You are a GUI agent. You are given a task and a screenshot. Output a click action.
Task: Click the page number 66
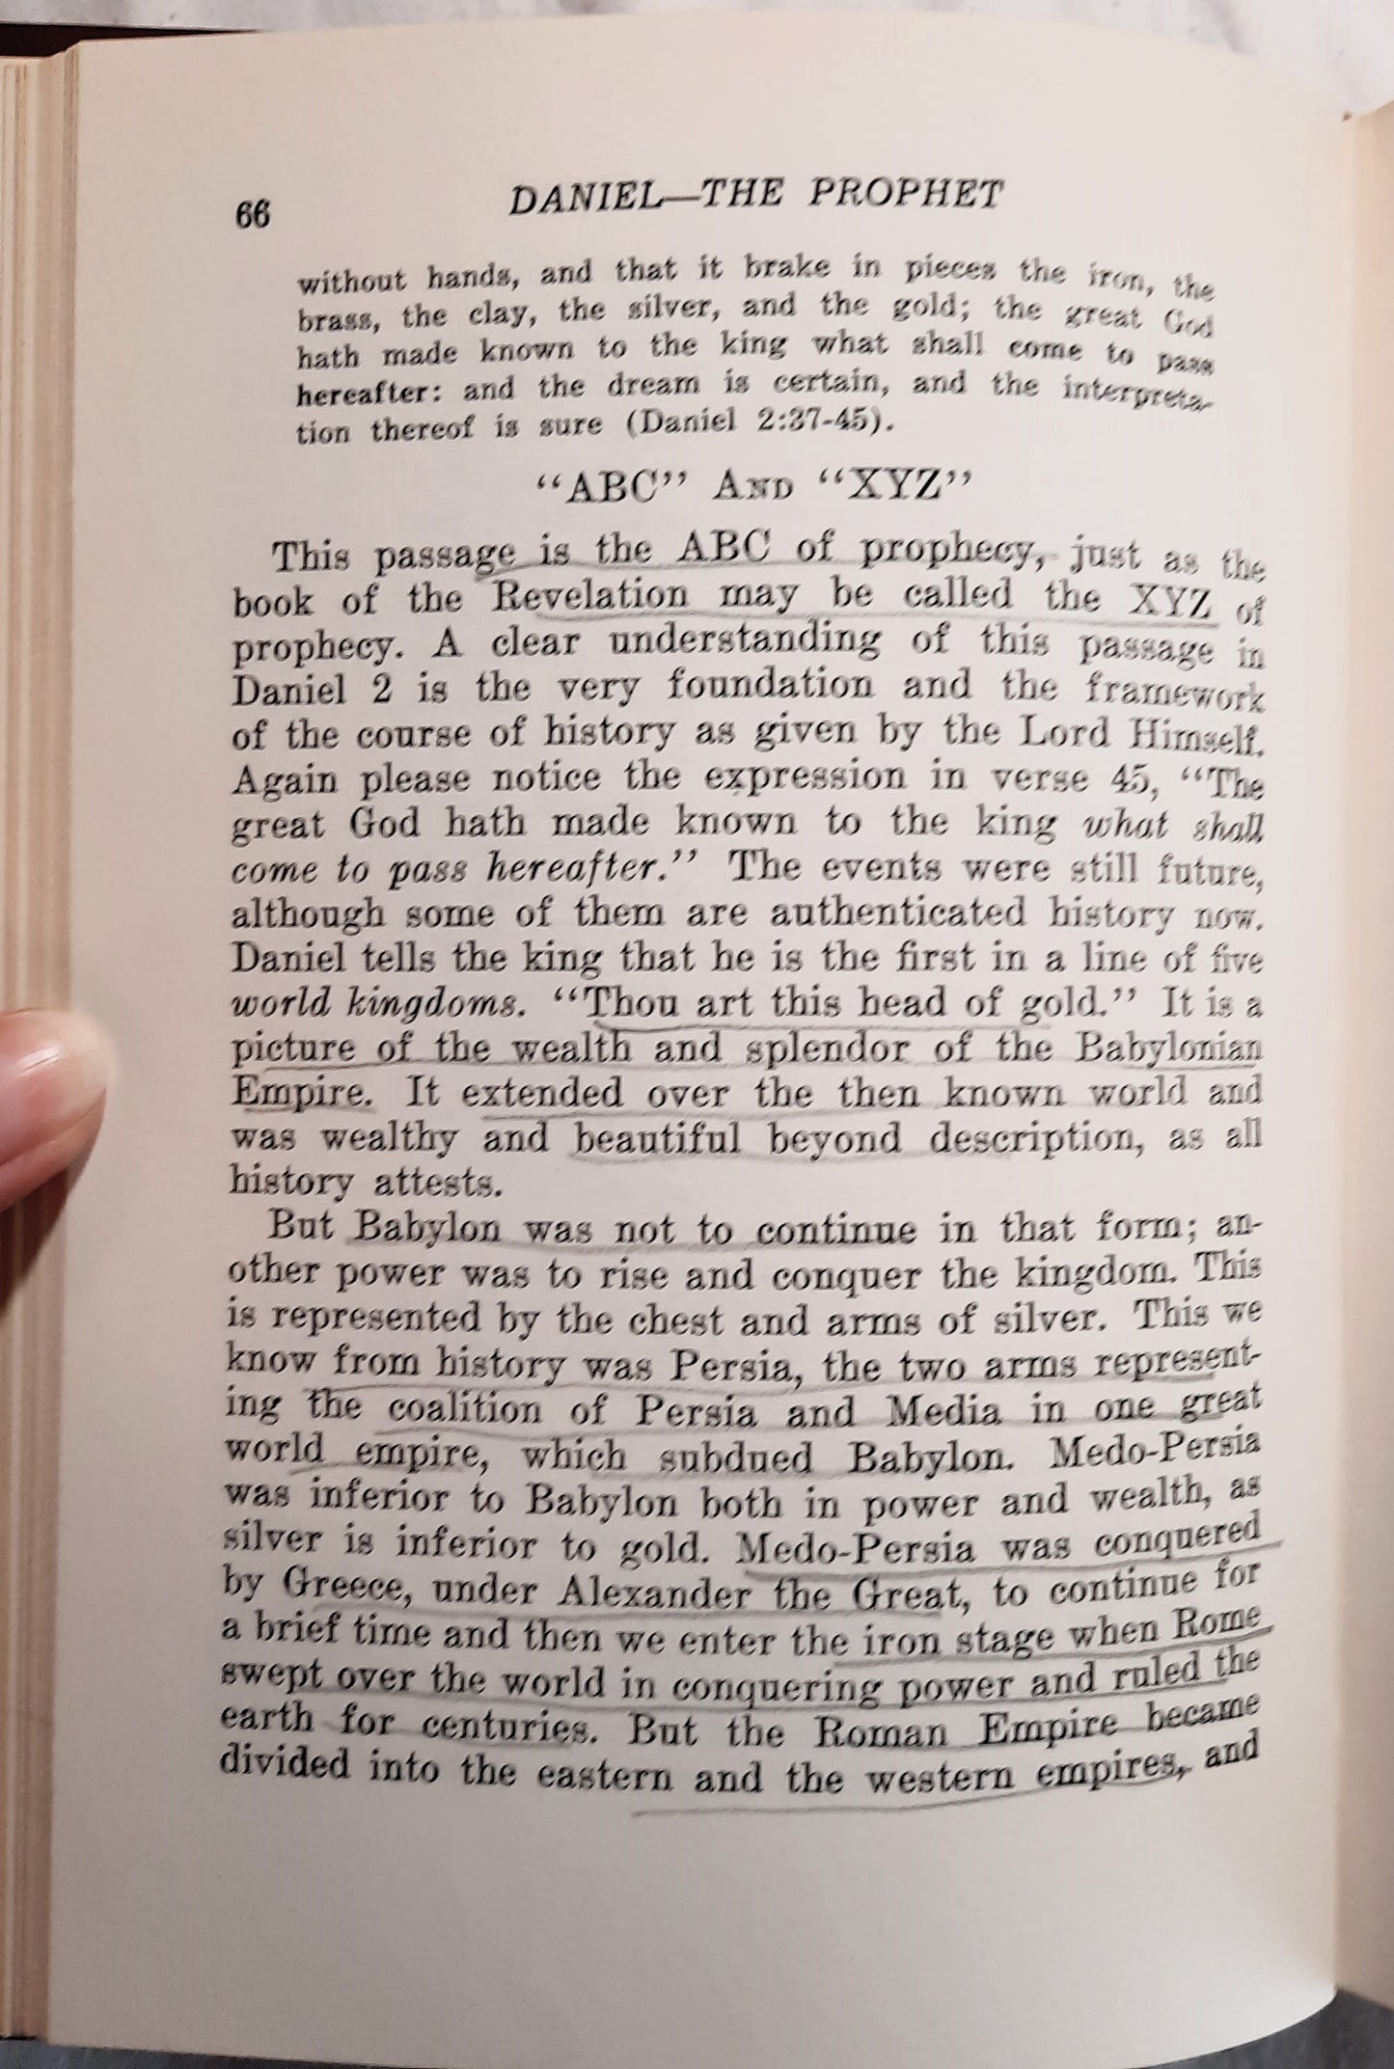coord(252,214)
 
